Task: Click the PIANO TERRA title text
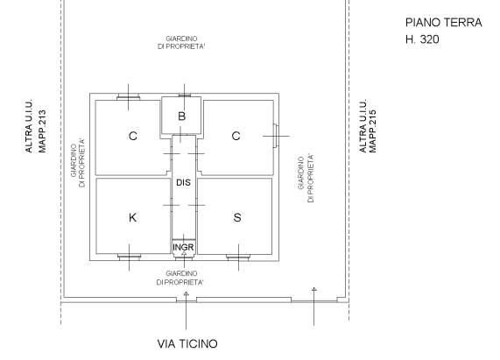[x=443, y=23]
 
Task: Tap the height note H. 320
[x=421, y=40]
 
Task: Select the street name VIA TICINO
[x=187, y=343]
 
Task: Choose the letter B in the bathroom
[x=182, y=116]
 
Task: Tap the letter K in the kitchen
[x=132, y=218]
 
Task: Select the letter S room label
[x=236, y=218]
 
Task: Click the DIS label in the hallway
[x=183, y=183]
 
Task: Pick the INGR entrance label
[x=183, y=248]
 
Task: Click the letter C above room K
[x=132, y=136]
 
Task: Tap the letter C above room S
[x=236, y=136]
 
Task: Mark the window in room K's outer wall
[x=130, y=258]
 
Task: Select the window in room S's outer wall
[x=237, y=258]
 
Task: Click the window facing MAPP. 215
[x=277, y=135]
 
